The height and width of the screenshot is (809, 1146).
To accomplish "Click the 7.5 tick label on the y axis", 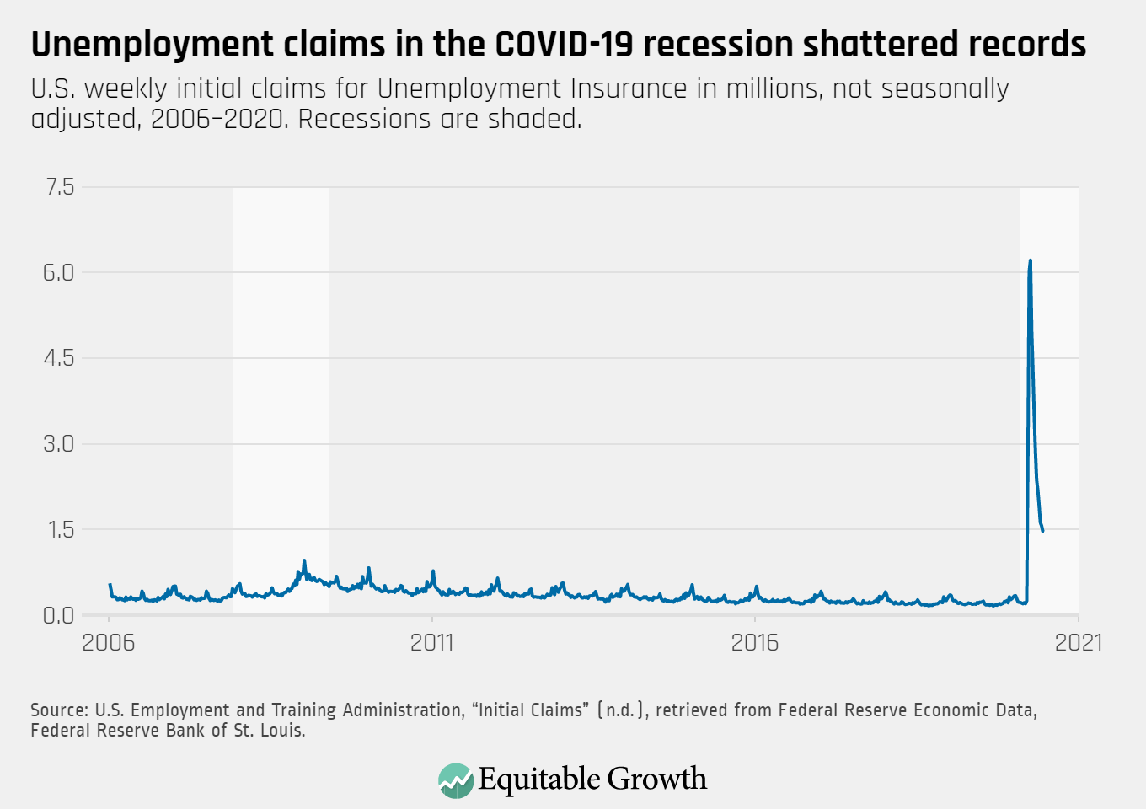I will coord(59,187).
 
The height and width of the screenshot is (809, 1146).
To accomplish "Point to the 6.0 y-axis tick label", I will coord(59,273).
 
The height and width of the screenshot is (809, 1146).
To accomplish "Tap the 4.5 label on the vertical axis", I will coord(59,358).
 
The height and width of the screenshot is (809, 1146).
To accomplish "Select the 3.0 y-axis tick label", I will coord(59,444).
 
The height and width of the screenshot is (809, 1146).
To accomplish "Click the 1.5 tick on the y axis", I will coord(59,530).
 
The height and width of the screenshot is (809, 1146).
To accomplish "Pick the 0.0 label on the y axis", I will coord(59,616).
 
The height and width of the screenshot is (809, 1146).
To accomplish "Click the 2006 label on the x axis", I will coord(109,643).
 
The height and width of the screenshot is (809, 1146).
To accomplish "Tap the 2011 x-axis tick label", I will coord(431,643).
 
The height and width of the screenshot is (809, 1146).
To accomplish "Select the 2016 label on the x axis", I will coord(755,643).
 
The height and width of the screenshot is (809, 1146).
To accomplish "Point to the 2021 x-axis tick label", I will coord(1079,643).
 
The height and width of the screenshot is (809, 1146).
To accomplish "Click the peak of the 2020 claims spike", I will coord(1031,261).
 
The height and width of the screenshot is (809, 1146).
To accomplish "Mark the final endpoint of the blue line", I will coord(1043,531).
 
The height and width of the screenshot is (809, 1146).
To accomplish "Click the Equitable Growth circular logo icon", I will coord(456,780).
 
